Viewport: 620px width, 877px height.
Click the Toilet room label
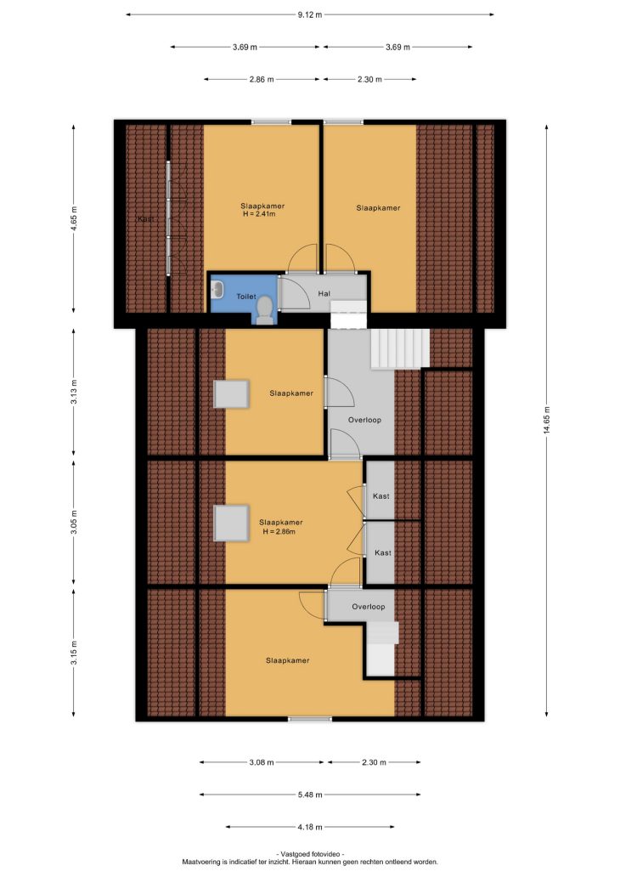(246, 297)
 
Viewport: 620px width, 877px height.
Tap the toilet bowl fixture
(264, 310)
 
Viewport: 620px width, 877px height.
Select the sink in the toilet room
(217, 290)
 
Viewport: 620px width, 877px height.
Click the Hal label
(324, 294)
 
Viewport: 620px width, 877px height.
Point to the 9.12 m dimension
(310, 15)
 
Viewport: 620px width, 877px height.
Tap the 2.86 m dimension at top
(262, 79)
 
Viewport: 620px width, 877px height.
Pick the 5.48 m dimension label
(310, 795)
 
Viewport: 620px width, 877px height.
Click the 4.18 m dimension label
(310, 827)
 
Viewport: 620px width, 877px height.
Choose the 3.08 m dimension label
(262, 762)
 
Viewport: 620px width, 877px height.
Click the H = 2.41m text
(259, 213)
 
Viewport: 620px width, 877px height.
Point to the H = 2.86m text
(279, 531)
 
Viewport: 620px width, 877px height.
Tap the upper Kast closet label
(381, 496)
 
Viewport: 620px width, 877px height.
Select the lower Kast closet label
(383, 552)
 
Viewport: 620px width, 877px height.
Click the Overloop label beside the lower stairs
(369, 607)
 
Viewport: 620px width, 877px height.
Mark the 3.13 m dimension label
(74, 392)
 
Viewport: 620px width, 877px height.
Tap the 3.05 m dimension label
(74, 522)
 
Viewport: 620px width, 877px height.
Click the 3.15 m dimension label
(74, 652)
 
